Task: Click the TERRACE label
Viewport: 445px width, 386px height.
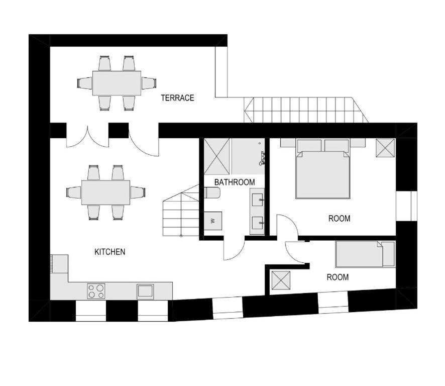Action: (x=177, y=98)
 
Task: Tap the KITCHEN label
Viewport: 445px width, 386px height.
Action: (x=109, y=252)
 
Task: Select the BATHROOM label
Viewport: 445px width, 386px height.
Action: (x=235, y=182)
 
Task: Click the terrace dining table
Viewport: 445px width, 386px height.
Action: (x=117, y=83)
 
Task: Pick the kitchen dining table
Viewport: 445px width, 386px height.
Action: (x=105, y=192)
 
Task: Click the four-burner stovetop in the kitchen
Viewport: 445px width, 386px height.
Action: (x=96, y=291)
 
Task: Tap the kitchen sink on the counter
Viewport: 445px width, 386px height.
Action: (x=145, y=291)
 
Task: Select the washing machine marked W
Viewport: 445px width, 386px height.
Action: (x=213, y=221)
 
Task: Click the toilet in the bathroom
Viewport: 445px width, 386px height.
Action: (x=212, y=192)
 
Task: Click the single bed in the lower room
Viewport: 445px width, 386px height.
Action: (x=365, y=254)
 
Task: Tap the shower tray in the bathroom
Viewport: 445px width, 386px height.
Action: (x=216, y=156)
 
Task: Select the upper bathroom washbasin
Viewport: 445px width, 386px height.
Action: (x=258, y=200)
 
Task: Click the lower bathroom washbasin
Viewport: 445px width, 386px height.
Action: (x=258, y=223)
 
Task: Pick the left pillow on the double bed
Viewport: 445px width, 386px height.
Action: (x=309, y=145)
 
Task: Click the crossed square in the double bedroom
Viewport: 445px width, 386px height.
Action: (x=385, y=148)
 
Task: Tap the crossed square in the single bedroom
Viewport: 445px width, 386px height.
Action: (x=281, y=280)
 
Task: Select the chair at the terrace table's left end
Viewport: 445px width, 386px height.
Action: (x=84, y=83)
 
